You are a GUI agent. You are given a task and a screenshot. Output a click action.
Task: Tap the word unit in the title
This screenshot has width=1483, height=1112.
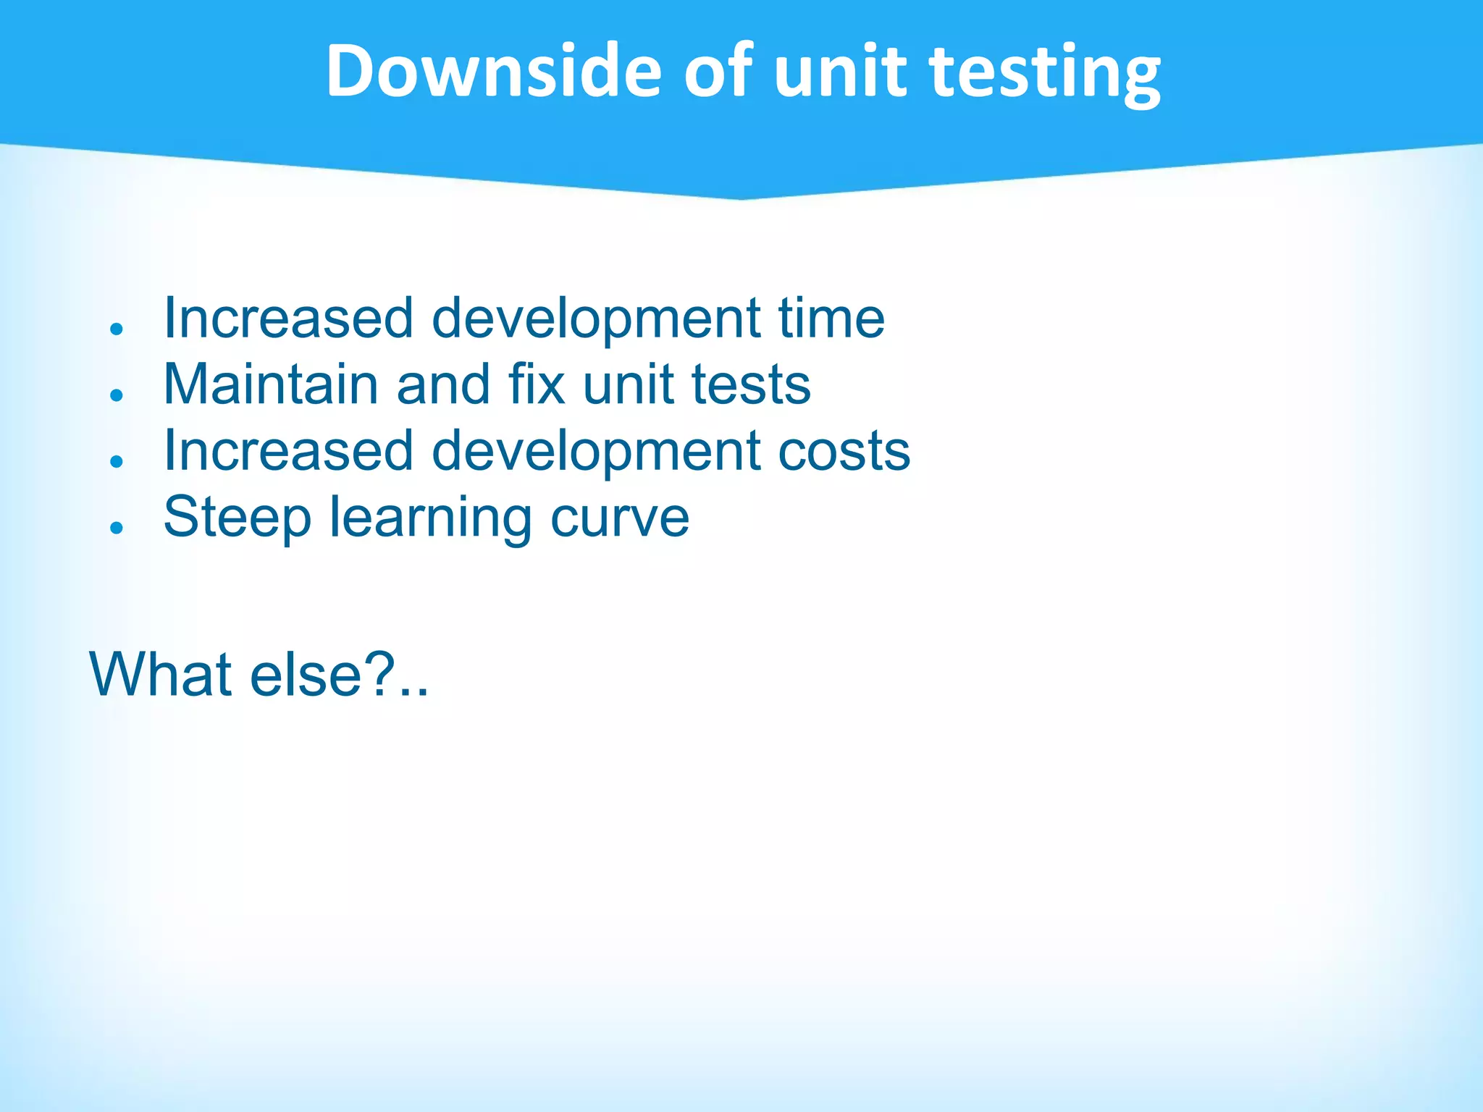[840, 71]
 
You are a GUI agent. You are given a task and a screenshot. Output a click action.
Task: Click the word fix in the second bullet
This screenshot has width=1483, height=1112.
[537, 384]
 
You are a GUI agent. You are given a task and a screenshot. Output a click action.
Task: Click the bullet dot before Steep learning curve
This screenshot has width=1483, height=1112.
[117, 528]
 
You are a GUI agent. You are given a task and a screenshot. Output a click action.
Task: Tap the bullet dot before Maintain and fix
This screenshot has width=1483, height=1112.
[117, 395]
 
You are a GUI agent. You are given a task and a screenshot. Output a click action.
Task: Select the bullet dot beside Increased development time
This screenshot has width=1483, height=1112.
[117, 328]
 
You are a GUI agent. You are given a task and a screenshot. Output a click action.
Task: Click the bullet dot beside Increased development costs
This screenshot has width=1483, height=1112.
[117, 461]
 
